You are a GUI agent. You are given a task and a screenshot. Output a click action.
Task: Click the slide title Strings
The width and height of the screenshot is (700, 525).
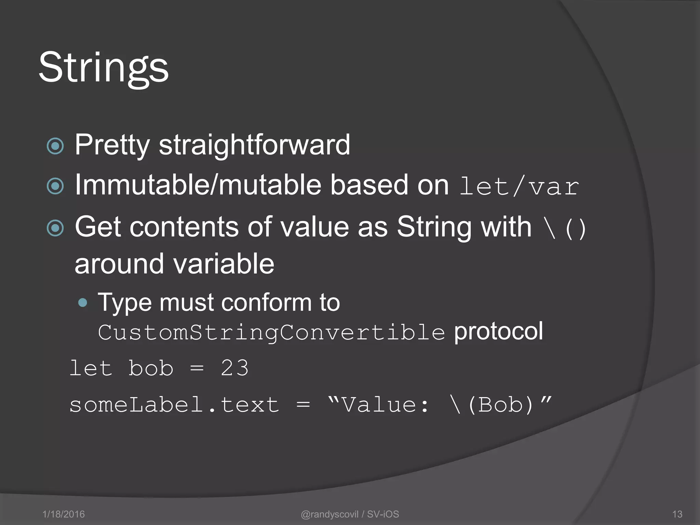tap(104, 67)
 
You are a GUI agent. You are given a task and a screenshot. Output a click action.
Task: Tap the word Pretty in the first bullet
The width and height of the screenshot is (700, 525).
tap(112, 145)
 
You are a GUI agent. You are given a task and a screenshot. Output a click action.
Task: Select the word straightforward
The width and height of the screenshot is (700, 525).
tap(254, 145)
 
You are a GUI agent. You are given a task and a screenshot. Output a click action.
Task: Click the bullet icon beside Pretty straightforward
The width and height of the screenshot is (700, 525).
tap(55, 146)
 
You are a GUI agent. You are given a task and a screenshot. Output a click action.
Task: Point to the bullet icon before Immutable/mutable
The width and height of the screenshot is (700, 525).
tap(55, 186)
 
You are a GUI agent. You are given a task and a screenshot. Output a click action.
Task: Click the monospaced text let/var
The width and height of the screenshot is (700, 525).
tap(519, 187)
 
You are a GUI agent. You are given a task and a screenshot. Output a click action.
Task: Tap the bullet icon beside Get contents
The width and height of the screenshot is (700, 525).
tap(55, 228)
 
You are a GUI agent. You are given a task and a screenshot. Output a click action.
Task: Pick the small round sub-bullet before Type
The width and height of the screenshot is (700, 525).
tap(82, 302)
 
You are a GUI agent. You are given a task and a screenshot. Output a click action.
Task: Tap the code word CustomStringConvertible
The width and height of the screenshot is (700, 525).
tap(271, 332)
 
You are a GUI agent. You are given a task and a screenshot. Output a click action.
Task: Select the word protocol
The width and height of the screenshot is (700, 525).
tap(498, 331)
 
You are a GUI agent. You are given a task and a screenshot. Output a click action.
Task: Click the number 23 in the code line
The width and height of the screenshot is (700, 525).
tap(234, 368)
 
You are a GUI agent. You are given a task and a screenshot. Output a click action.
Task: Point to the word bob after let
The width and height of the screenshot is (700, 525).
tap(151, 368)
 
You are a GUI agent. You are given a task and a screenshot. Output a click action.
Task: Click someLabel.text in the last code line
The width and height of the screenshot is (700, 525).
tap(174, 405)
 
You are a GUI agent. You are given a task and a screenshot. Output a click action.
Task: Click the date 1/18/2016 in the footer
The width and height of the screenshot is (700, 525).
tap(64, 514)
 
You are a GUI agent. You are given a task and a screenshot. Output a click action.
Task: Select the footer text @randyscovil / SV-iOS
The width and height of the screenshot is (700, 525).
tap(350, 514)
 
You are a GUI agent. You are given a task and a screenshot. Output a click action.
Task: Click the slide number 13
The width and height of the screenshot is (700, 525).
tap(677, 514)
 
